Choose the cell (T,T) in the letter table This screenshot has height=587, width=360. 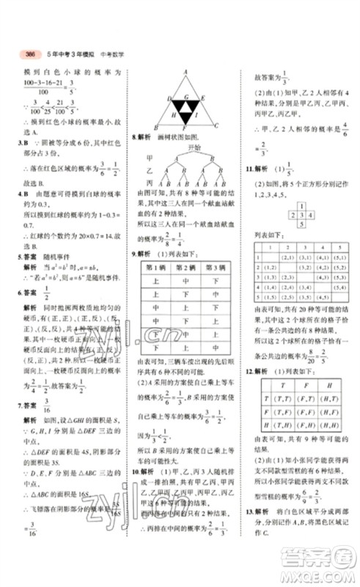(x=279, y=393)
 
